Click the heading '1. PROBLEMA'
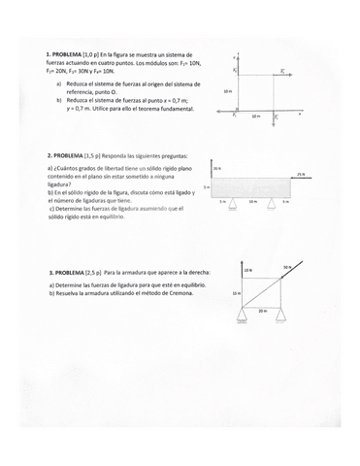click(x=65, y=56)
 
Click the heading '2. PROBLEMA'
click(x=66, y=155)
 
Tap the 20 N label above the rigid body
click(x=216, y=167)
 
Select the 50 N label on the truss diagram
click(x=288, y=266)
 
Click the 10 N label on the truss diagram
click(x=248, y=270)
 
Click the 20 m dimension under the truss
click(x=262, y=312)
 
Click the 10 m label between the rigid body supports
click(x=253, y=201)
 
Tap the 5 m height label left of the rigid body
click(x=206, y=187)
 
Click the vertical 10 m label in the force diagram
click(x=227, y=90)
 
